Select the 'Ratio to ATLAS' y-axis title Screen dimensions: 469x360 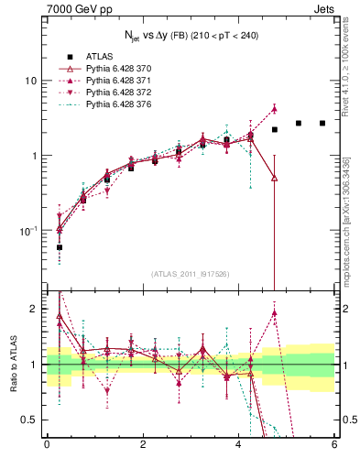[x=13, y=365]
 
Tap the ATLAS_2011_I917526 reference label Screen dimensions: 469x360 [x=190, y=274]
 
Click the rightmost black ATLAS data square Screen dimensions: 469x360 [x=322, y=123]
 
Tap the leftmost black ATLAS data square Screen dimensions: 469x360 [x=60, y=247]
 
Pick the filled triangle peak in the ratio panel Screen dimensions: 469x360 [x=274, y=313]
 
